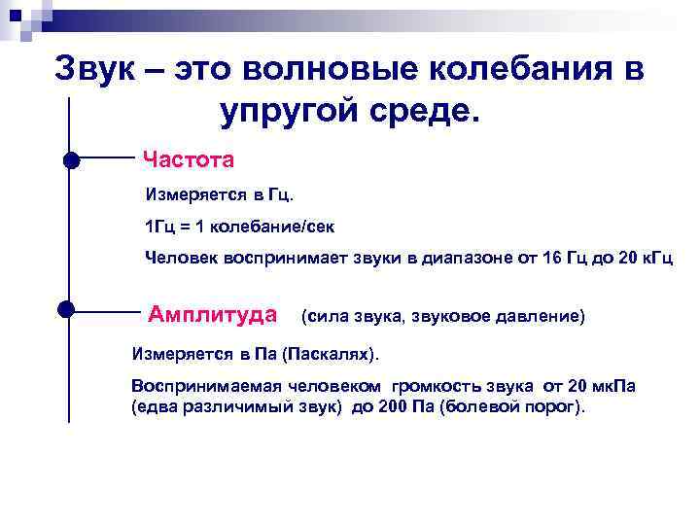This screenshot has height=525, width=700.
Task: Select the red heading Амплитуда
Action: (213, 314)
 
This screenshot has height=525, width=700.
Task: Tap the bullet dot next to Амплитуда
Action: (67, 309)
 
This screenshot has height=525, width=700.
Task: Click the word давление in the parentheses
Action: (539, 317)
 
